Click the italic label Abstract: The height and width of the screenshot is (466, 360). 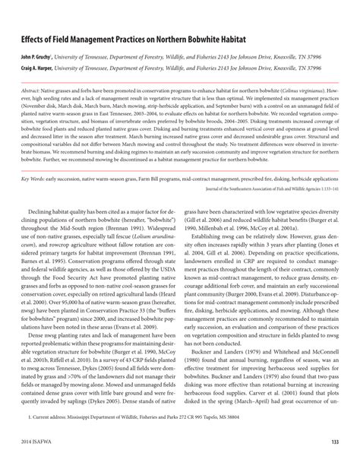point(34,90)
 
